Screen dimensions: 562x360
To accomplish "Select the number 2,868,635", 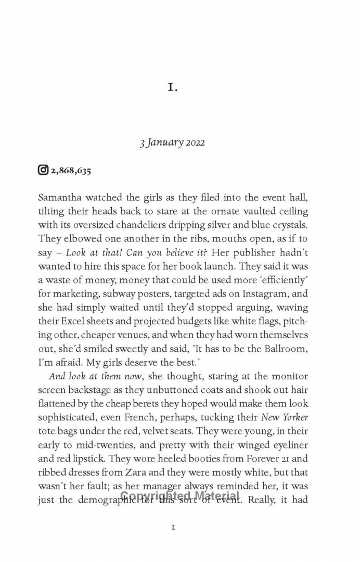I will point(70,170).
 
